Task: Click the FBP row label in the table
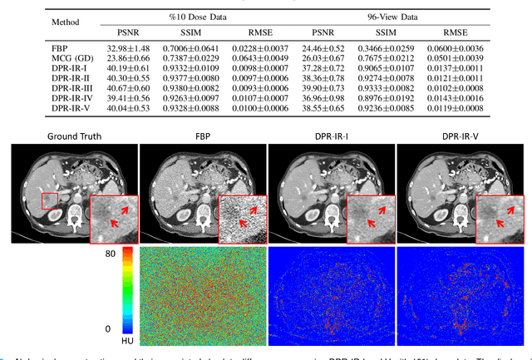click(x=62, y=49)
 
